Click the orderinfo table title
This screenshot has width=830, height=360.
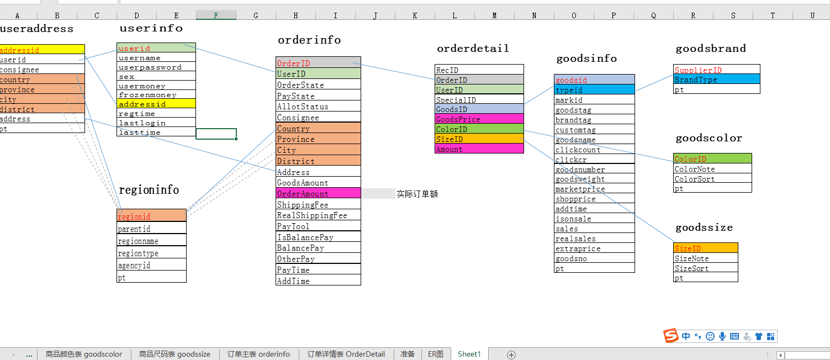(309, 40)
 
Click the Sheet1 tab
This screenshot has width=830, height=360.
(469, 354)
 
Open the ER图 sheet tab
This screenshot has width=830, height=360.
(436, 354)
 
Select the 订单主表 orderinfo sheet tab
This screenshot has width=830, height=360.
(258, 354)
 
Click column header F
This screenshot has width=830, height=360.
(216, 15)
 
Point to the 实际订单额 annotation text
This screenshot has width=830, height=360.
(417, 194)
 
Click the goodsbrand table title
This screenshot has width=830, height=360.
(711, 49)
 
